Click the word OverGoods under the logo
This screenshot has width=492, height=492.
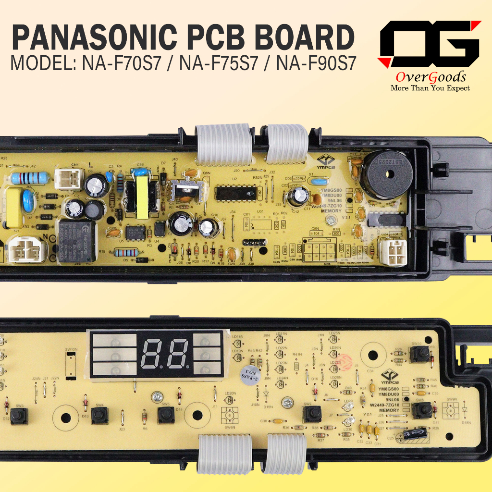click(430, 77)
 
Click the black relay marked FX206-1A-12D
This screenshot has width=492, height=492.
click(76, 240)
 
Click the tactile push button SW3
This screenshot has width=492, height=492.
click(20, 417)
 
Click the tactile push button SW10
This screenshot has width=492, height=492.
click(419, 354)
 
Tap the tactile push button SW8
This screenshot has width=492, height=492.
click(421, 409)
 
